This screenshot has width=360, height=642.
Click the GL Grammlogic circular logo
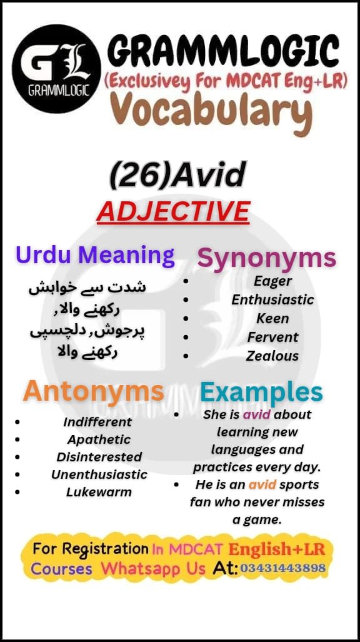click(x=56, y=68)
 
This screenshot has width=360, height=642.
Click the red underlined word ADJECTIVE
click(x=173, y=211)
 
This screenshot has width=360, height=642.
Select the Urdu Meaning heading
click(x=95, y=255)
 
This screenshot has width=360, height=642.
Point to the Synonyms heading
click(x=267, y=258)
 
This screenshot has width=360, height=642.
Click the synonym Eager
click(x=272, y=281)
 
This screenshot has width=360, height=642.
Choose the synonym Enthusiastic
click(x=272, y=299)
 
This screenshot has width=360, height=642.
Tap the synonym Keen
click(x=272, y=318)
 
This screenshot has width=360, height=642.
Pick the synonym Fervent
click(x=272, y=337)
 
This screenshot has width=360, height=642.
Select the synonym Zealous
click(x=272, y=356)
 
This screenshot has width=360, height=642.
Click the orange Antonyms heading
click(x=94, y=392)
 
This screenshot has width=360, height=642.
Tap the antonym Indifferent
click(x=97, y=422)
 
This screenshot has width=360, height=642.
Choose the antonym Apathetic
click(x=99, y=439)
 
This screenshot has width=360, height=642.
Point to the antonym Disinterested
click(x=99, y=457)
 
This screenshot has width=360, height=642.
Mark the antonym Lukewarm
click(x=99, y=492)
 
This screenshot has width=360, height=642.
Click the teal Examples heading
click(x=261, y=393)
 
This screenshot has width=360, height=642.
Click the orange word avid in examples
click(x=262, y=484)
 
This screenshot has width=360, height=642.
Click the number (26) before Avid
click(x=140, y=176)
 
